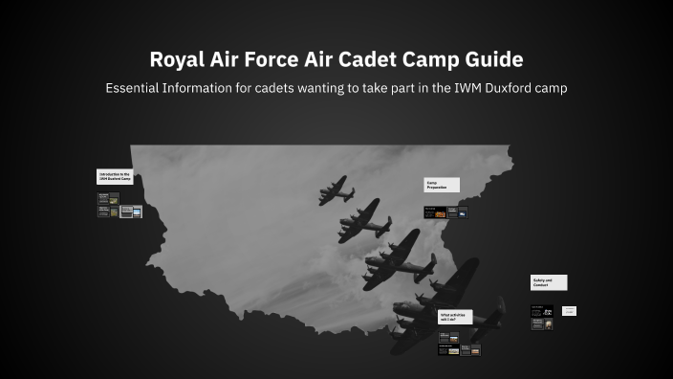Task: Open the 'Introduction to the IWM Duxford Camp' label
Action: [x=115, y=177]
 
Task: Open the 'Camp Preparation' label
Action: [x=442, y=184]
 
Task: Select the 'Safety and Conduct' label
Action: [x=549, y=282]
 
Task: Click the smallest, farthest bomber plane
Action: [x=335, y=188]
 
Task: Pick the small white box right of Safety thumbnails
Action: [x=569, y=311]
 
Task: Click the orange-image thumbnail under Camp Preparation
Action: [x=441, y=213]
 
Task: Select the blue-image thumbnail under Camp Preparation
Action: [x=463, y=213]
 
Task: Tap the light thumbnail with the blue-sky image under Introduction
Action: [x=131, y=212]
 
